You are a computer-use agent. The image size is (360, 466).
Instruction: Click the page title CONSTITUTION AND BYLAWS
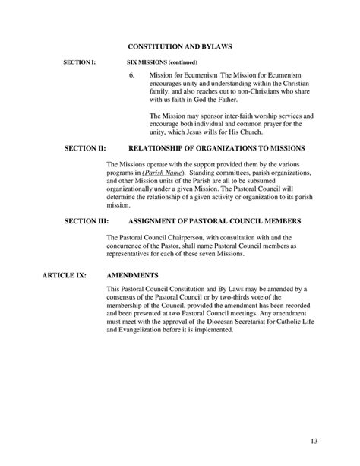point(179,47)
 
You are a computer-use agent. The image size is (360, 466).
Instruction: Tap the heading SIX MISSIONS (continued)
point(162,62)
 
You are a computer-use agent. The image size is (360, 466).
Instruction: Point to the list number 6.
point(131,76)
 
